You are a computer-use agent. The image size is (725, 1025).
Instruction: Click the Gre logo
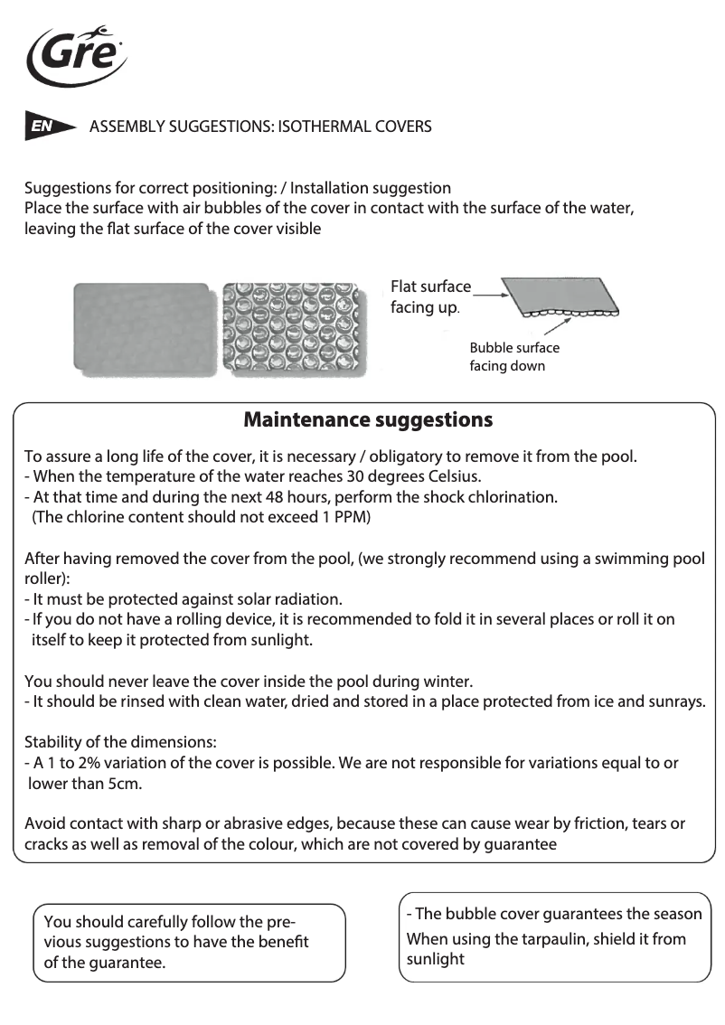click(x=76, y=54)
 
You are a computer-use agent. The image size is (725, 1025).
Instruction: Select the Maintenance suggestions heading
click(x=368, y=420)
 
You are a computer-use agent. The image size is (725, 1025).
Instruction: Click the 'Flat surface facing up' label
click(x=429, y=297)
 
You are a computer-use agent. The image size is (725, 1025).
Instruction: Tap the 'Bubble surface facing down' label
click(x=513, y=357)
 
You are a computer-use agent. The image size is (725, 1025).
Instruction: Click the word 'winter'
click(x=446, y=681)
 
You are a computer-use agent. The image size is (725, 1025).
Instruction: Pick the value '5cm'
click(x=124, y=784)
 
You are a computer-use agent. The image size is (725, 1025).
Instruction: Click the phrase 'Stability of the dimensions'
click(x=119, y=742)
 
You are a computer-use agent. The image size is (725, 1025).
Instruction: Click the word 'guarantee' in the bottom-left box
click(x=123, y=963)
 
